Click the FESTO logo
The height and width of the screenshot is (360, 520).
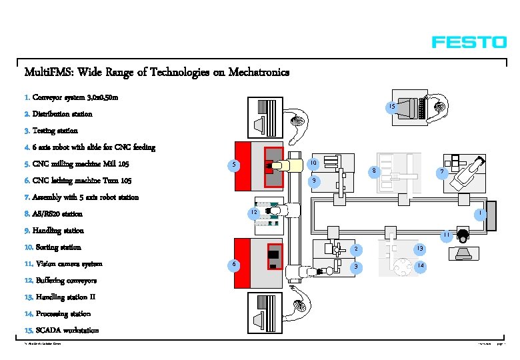point(469,42)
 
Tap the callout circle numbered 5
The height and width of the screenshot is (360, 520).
point(233,165)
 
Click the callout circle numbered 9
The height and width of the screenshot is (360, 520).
point(313,181)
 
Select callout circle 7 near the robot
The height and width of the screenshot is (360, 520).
point(440,173)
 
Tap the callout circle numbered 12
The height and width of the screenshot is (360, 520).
point(253,213)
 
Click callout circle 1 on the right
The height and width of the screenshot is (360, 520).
point(479,213)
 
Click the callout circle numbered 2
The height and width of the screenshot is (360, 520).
point(357,249)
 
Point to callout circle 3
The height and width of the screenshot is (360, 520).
point(357,267)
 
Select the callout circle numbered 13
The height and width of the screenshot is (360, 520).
point(419,249)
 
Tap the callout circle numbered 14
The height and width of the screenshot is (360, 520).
point(419,266)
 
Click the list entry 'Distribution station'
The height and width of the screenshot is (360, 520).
point(63,114)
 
